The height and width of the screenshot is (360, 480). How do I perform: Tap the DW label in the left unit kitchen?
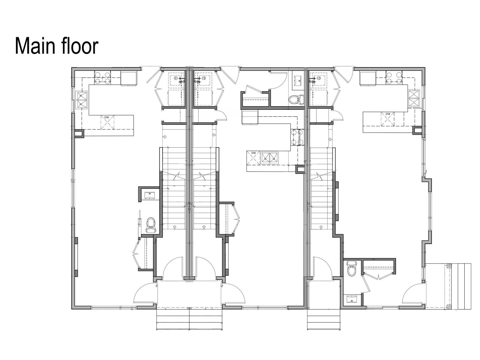click(x=106, y=117)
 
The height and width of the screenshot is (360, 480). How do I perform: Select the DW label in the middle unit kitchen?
click(x=253, y=153)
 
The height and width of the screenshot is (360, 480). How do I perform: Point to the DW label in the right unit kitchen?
click(x=388, y=114)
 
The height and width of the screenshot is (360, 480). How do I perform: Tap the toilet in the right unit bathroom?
click(x=351, y=269)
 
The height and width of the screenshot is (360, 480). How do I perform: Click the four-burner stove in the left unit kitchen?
click(x=102, y=77)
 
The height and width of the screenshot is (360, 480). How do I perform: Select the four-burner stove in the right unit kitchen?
click(x=394, y=77)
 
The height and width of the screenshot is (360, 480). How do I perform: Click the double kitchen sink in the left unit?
click(x=82, y=100)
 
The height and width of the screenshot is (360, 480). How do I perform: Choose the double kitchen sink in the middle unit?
click(x=269, y=157)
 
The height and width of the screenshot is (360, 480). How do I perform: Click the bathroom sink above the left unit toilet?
click(x=149, y=195)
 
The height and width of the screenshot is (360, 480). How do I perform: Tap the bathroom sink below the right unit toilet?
click(x=351, y=299)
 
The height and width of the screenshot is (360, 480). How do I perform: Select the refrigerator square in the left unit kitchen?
click(x=129, y=78)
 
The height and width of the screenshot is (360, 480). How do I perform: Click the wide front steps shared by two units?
click(x=189, y=319)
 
